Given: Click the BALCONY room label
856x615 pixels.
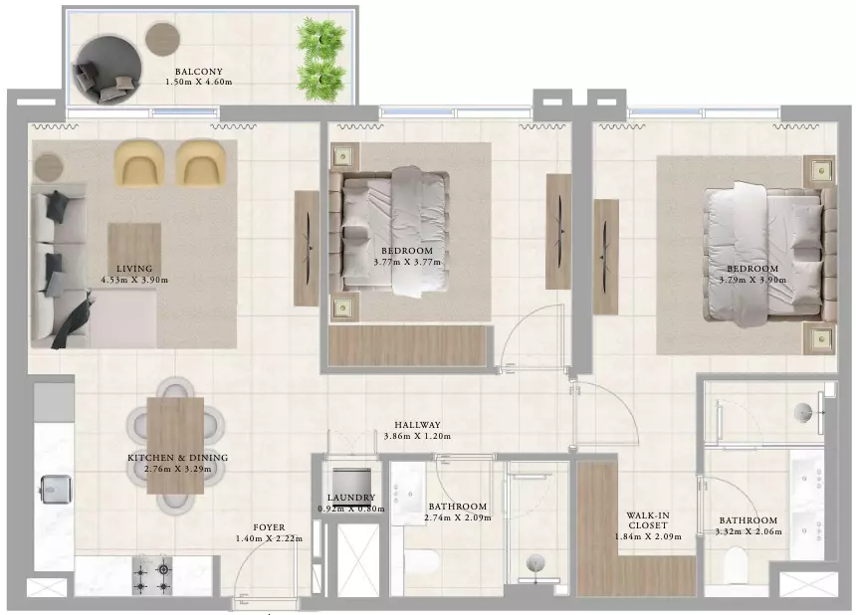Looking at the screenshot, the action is [199, 72].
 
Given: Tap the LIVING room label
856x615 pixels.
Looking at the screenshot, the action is [134, 269].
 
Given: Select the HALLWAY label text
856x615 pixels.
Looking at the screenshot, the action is [418, 425].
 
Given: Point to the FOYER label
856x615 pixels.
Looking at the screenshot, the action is [269, 527].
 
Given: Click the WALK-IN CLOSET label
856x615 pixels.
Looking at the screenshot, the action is [648, 520].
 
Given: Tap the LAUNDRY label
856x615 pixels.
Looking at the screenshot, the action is [351, 498].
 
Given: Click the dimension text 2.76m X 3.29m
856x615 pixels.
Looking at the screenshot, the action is [178, 469].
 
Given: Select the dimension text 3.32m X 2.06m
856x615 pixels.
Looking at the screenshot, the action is [749, 531].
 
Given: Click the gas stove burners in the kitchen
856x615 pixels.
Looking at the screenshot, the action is [152, 576].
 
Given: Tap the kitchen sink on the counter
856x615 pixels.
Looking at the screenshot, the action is [56, 490].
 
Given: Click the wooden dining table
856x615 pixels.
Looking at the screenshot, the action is [175, 445].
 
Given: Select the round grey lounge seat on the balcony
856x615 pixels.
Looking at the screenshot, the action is [107, 70].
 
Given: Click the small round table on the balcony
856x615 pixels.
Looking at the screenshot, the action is [162, 38].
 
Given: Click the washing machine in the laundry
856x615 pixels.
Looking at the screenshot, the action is [352, 481].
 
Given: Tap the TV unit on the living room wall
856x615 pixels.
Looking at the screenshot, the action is [307, 249].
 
